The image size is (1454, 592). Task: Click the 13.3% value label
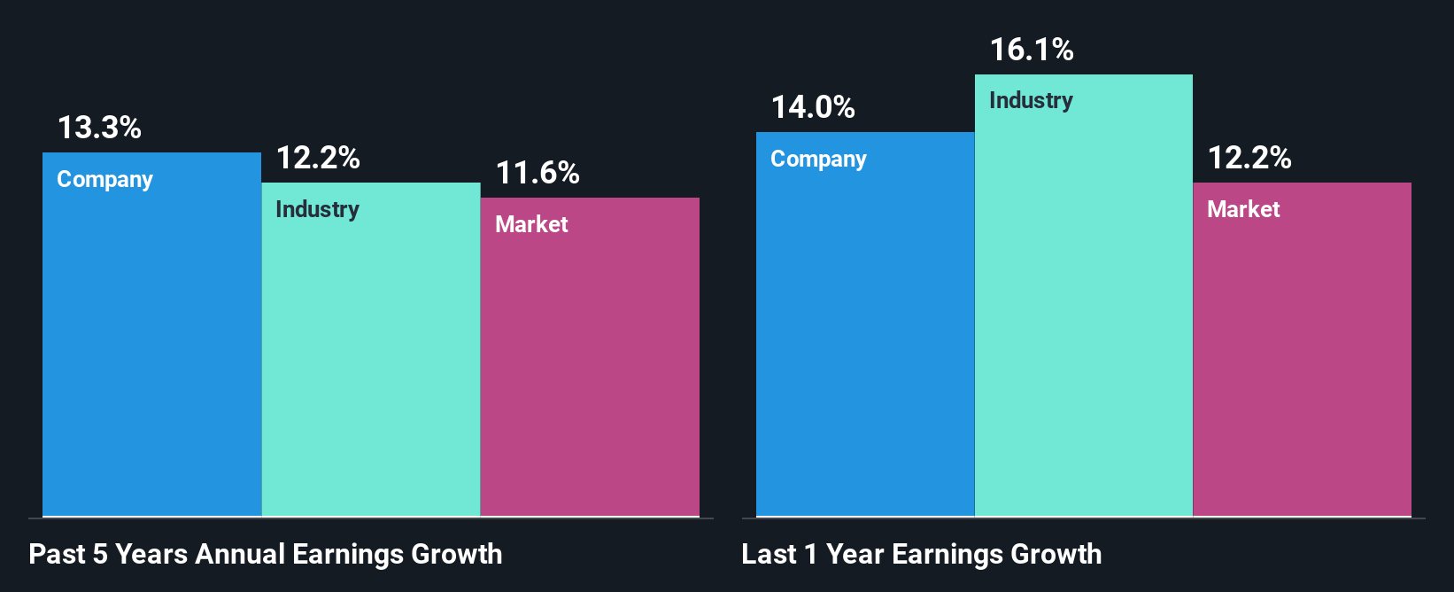pos(99,128)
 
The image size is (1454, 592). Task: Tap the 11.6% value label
pos(537,173)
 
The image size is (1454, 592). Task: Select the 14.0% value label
pos(813,107)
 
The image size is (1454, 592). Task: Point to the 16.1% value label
pos(1032,50)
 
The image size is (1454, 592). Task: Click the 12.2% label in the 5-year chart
pos(318,159)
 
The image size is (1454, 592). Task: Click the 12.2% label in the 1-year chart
pos(1249,158)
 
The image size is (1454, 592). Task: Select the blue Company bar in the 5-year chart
pos(151,354)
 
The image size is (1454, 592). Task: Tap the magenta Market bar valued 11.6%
pos(590,372)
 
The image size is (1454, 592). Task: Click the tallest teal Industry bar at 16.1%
pos(1084,310)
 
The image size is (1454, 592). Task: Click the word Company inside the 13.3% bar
pos(104,179)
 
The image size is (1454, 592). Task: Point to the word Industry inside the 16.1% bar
pos(1031,100)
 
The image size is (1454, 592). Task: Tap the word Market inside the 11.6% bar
pos(531,224)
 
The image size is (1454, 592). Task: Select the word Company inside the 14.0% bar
pos(818,159)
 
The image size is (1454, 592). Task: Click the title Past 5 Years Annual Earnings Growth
pos(266,554)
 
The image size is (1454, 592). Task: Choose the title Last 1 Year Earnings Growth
pos(921,554)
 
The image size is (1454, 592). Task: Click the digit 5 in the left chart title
pos(100,554)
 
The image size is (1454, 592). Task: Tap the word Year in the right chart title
pos(855,554)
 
